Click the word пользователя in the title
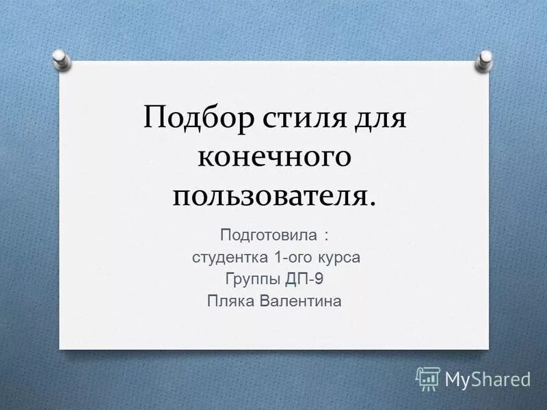271,196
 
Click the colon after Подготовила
326,237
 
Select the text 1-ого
291,258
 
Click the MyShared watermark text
488,378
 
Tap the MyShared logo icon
428,378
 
